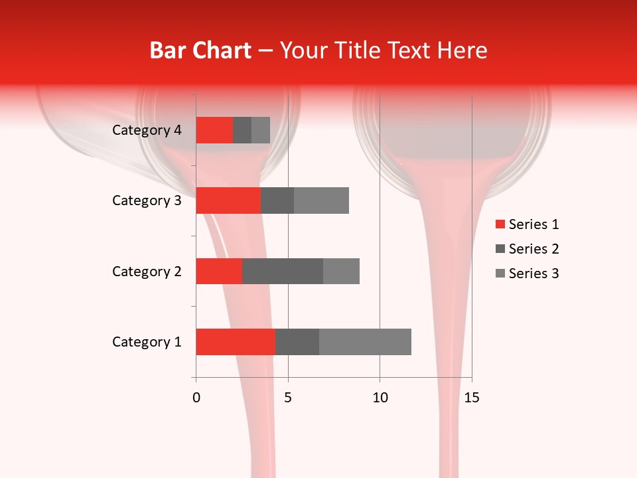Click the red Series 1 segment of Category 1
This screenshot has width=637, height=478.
(235, 342)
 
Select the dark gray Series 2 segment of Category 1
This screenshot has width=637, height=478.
(297, 342)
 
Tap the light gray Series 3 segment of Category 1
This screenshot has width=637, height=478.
(365, 342)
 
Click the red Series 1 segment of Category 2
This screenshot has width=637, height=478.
(219, 271)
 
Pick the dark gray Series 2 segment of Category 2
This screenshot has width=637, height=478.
(282, 271)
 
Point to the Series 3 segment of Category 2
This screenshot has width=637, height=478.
(341, 271)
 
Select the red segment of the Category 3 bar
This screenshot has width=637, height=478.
(228, 200)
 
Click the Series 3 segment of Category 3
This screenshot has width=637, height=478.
(321, 200)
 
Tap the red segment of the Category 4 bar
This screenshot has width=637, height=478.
(214, 130)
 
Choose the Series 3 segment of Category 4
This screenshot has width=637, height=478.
(261, 130)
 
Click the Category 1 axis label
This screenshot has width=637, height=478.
(147, 342)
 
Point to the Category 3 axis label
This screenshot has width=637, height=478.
(147, 200)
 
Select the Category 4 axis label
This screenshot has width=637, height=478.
(147, 130)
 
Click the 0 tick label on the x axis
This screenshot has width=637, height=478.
(196, 398)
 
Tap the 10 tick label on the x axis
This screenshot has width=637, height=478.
(380, 398)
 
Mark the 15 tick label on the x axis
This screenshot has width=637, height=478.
(471, 398)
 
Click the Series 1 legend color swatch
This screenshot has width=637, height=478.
(500, 224)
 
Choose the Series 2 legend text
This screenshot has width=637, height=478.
(533, 249)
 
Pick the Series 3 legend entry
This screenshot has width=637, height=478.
(528, 274)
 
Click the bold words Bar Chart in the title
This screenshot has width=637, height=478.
(200, 50)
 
